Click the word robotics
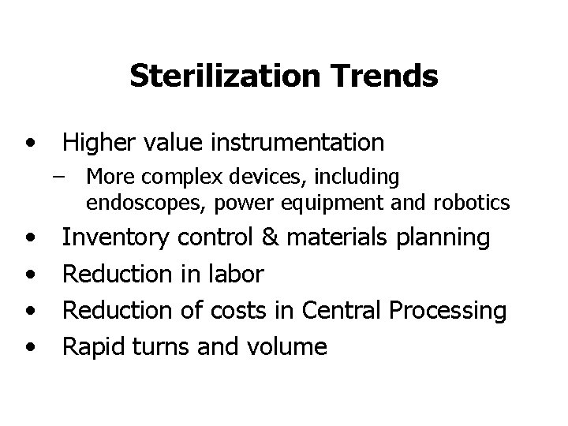(471, 204)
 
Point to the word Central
(343, 311)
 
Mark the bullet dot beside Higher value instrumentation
(31, 144)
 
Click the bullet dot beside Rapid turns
(31, 348)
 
